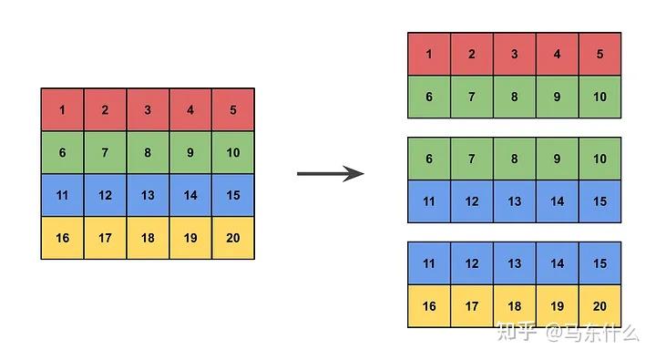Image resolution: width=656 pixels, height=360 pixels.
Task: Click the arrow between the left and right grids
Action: click(x=330, y=173)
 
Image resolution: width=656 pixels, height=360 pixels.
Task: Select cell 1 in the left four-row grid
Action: click(x=62, y=110)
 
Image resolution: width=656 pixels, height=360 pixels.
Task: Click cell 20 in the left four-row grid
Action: click(x=233, y=238)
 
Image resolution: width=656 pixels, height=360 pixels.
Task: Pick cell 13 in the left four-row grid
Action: click(x=148, y=195)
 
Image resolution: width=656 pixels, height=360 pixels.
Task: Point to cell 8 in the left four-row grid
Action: click(x=148, y=152)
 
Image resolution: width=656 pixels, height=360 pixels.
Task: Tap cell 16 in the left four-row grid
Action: click(x=62, y=238)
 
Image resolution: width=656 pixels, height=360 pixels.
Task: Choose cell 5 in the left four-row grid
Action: click(x=233, y=110)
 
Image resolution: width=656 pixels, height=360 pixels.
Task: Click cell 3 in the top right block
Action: click(x=515, y=55)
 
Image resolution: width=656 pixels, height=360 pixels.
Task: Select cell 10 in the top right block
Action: click(x=600, y=97)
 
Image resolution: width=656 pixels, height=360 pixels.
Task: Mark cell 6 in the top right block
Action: click(x=429, y=97)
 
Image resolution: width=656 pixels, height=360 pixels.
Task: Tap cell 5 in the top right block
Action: click(x=600, y=55)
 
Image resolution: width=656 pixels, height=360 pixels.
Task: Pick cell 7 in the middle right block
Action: click(x=472, y=159)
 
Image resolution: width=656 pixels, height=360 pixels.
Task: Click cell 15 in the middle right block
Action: click(x=600, y=201)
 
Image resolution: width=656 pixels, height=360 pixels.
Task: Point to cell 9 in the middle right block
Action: click(x=557, y=159)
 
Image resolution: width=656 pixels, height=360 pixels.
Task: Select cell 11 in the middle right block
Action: click(x=429, y=201)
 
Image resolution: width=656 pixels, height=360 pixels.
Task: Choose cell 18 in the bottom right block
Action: click(x=515, y=306)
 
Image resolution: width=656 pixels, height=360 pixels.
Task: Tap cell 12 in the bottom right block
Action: click(x=472, y=263)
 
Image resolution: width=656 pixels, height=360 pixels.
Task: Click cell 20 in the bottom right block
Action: click(x=600, y=306)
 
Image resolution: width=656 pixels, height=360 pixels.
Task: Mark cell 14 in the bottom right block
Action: click(x=557, y=263)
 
